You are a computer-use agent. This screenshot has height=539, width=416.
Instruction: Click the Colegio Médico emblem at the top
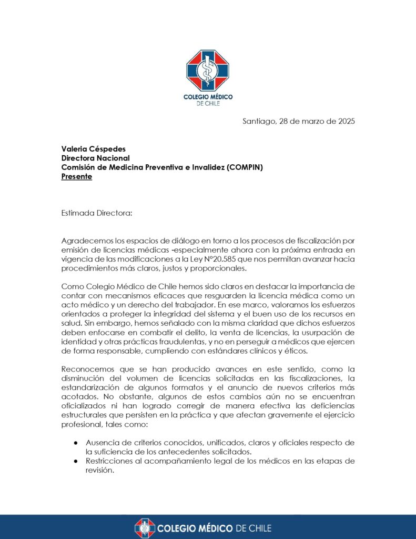click(208, 71)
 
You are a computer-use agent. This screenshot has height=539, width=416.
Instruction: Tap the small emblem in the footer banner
click(145, 528)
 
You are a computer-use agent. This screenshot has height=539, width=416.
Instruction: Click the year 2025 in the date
click(344, 121)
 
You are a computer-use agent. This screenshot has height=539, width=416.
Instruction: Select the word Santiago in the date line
click(258, 121)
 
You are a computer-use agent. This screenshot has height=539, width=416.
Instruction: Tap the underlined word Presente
click(77, 177)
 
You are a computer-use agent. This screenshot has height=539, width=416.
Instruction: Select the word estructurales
click(85, 414)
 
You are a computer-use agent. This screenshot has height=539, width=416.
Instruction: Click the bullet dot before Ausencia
click(77, 442)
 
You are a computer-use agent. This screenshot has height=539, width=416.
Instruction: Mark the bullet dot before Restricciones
click(77, 461)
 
